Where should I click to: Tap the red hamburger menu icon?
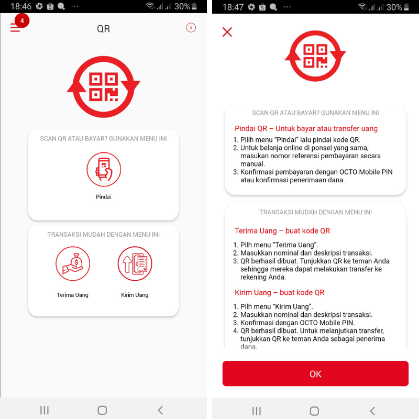coord(15,28)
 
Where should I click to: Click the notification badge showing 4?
coord(22,20)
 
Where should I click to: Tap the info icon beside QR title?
coord(191,28)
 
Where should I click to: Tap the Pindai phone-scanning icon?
coord(104,169)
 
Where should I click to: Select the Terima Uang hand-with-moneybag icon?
coord(73,263)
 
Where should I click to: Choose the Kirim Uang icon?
coord(135,263)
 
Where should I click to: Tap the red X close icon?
coord(227,32)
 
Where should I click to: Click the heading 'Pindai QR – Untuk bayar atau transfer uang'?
coord(306,128)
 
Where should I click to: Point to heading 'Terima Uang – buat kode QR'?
coord(282,230)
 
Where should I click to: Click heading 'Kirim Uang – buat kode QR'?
coord(280,292)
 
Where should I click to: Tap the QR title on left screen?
coord(104,29)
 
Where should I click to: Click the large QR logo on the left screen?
coord(104,86)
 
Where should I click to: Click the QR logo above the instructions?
coord(315,56)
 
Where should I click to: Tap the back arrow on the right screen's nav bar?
coord(372,411)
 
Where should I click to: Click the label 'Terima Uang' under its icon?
coord(73,295)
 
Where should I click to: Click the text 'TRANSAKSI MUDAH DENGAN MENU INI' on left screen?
coord(104,235)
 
